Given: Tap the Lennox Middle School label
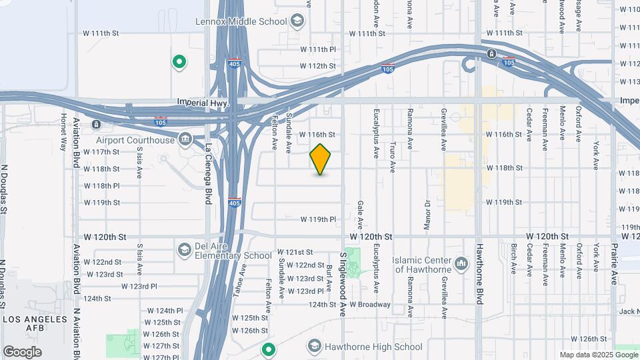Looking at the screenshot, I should [x=241, y=21].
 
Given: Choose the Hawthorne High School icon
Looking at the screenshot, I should [x=314, y=346].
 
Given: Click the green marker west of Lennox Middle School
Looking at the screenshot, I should [x=179, y=63].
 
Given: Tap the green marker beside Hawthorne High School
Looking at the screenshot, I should [x=269, y=349].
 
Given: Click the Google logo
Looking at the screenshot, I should [x=22, y=351].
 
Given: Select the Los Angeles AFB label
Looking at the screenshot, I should [x=35, y=325].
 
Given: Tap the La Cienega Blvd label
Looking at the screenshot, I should [x=209, y=174].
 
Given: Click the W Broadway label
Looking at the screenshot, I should [x=369, y=305].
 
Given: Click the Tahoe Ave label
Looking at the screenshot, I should [x=243, y=279].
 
